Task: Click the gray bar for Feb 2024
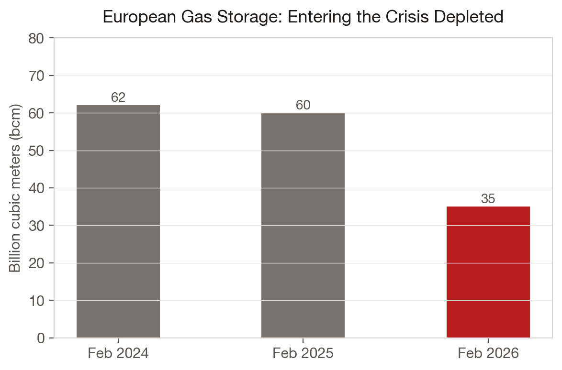click(118, 221)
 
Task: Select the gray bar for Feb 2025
click(303, 225)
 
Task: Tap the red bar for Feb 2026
click(488, 272)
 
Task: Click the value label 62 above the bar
click(118, 98)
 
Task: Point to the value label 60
click(303, 105)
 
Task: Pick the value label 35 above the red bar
click(488, 199)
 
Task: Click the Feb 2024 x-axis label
click(118, 354)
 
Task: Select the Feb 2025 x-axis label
click(303, 354)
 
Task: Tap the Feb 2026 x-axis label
click(488, 354)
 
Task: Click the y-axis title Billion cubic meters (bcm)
click(16, 188)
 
